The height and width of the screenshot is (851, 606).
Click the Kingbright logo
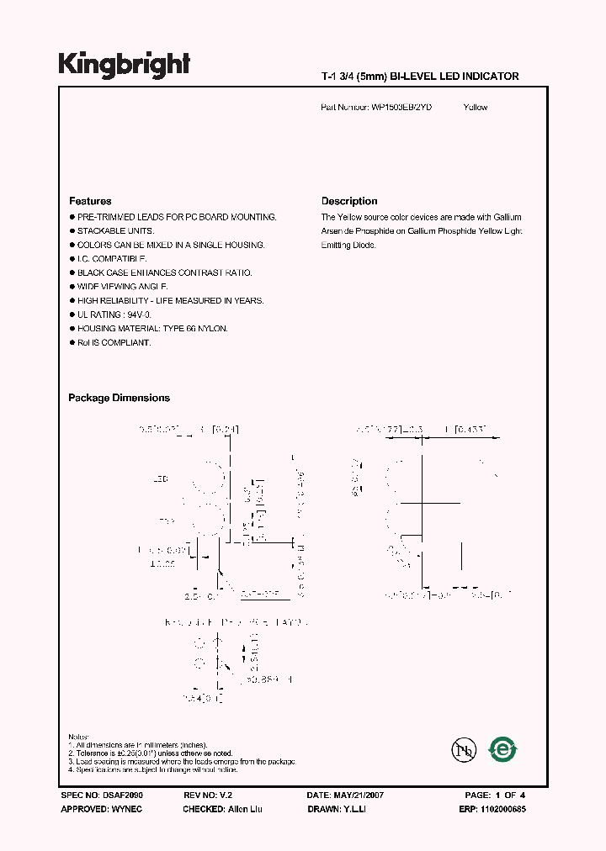coord(124,65)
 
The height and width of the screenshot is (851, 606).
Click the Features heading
coord(90,201)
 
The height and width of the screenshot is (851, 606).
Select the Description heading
coord(349,201)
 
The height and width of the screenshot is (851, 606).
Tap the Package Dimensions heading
coord(119,398)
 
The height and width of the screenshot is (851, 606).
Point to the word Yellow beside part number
coord(476,108)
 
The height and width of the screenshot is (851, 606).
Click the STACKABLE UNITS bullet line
coord(112,231)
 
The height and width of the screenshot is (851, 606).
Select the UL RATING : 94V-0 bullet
coord(114,314)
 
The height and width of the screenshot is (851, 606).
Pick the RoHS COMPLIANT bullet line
coord(114,342)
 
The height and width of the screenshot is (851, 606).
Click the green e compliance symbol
coord(503,748)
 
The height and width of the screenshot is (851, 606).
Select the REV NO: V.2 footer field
coord(207,795)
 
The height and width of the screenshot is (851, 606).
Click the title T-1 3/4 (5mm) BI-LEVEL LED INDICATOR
coord(420,77)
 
